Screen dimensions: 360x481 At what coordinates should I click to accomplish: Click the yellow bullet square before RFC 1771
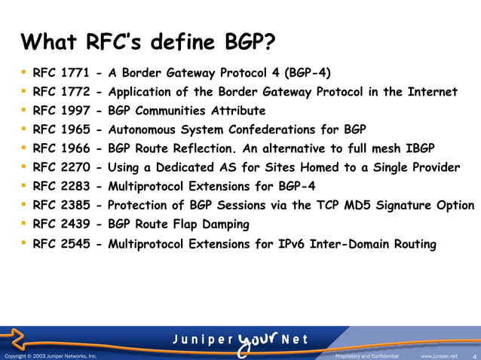(23, 72)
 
